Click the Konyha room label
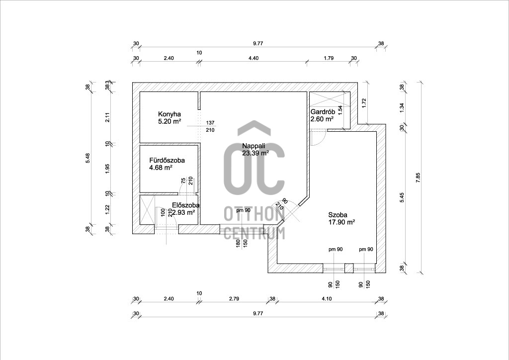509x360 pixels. (169, 113)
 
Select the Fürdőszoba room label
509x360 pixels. (167, 161)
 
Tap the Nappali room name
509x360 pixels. (254, 146)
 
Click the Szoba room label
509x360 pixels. (338, 215)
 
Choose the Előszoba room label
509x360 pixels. (186, 205)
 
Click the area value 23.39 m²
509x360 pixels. (255, 153)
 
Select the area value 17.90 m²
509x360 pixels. (341, 222)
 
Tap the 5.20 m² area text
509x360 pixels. (170, 120)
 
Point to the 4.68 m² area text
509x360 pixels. (161, 168)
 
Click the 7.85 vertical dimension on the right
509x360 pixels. (418, 176)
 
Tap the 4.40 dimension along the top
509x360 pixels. (254, 58)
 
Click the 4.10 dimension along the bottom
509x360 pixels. (326, 299)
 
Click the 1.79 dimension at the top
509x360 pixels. (328, 58)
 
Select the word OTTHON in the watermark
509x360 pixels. (254, 214)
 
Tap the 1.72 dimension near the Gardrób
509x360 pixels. (364, 103)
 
